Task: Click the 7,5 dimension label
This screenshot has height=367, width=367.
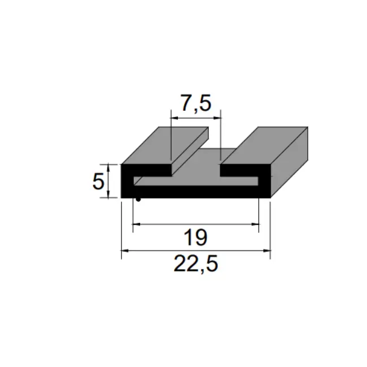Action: [196, 103]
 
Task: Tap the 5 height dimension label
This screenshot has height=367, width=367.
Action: [98, 181]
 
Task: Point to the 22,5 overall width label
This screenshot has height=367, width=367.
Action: [196, 264]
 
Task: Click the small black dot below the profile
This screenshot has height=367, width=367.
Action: [138, 200]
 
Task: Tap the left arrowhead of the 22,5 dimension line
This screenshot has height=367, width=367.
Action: [125, 251]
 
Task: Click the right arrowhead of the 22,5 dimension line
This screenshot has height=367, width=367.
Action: [266, 251]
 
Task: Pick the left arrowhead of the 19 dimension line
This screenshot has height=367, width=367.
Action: [137, 224]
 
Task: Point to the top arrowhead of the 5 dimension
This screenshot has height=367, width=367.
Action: [108, 168]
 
